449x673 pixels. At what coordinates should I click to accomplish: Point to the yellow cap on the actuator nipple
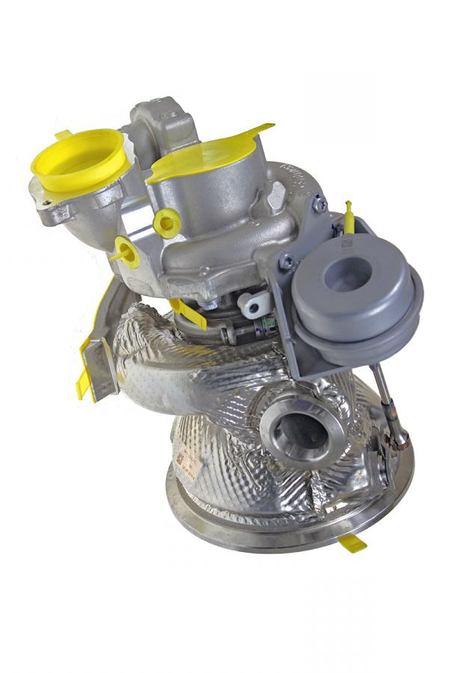click(x=348, y=213)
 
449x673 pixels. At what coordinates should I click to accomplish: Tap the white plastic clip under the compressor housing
click(x=253, y=303)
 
